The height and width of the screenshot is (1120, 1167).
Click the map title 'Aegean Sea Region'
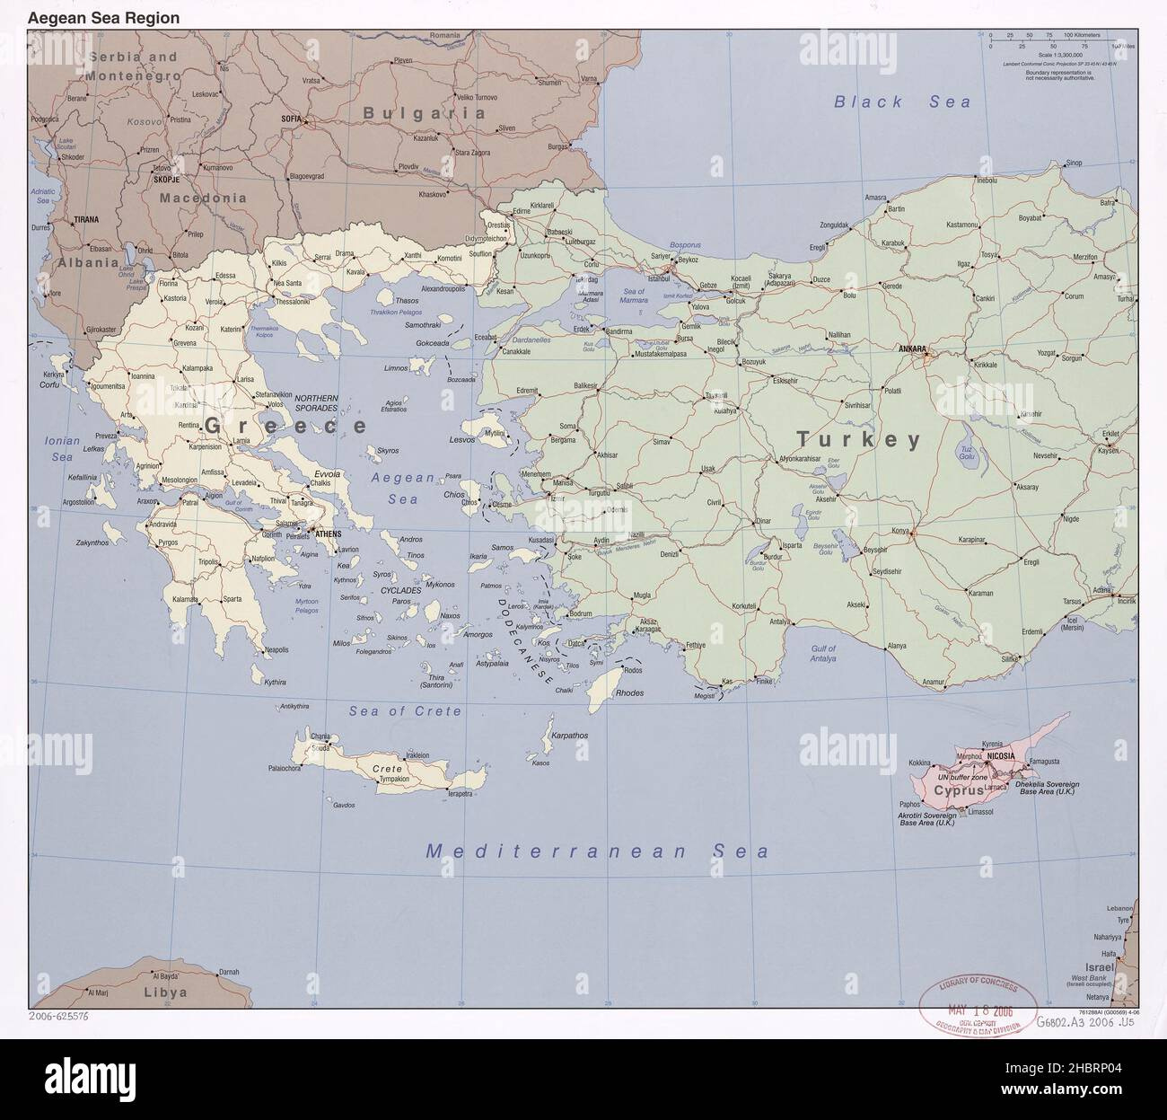103,18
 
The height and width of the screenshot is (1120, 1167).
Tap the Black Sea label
902,102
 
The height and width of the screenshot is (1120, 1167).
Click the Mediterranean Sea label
597,851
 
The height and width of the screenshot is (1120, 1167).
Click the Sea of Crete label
405,710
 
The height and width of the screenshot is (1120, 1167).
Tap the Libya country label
165,992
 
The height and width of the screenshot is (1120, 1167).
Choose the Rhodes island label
629,692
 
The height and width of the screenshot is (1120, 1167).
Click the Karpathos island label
569,735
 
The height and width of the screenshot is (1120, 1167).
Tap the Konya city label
899,530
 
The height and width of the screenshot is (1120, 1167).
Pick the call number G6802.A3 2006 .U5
1085,1021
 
